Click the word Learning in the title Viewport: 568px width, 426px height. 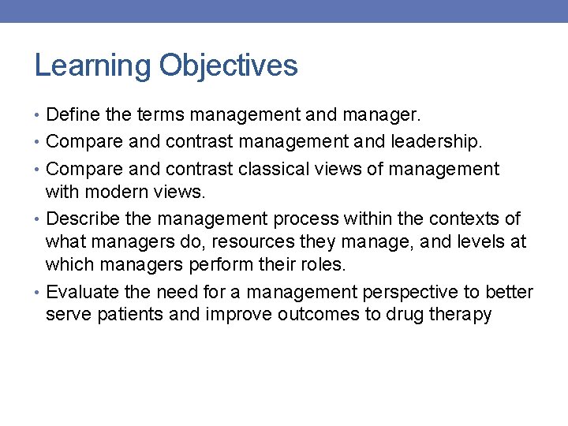(93, 65)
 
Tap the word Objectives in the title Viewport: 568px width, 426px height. (228, 65)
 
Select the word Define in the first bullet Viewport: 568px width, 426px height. (73, 115)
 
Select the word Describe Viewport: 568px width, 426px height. (83, 219)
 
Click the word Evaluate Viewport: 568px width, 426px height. (83, 293)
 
